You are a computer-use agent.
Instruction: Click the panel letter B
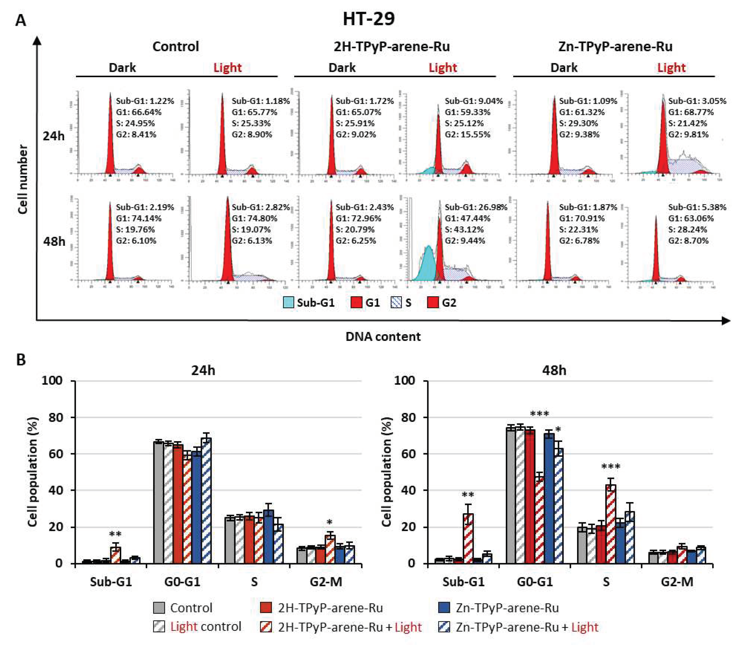click(21, 360)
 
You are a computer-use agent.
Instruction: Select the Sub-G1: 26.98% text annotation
click(476, 207)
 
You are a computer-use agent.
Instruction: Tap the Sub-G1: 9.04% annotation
click(474, 101)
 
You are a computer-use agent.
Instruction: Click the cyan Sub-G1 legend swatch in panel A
click(288, 302)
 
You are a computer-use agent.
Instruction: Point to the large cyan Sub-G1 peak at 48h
click(428, 265)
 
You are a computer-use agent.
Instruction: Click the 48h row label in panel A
click(54, 241)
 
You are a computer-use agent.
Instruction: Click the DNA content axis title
click(383, 336)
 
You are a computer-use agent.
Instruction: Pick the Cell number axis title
click(22, 179)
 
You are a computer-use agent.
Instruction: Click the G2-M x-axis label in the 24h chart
click(326, 582)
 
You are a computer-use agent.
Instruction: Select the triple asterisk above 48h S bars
click(611, 467)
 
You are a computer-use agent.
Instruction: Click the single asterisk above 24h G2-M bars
click(329, 522)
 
